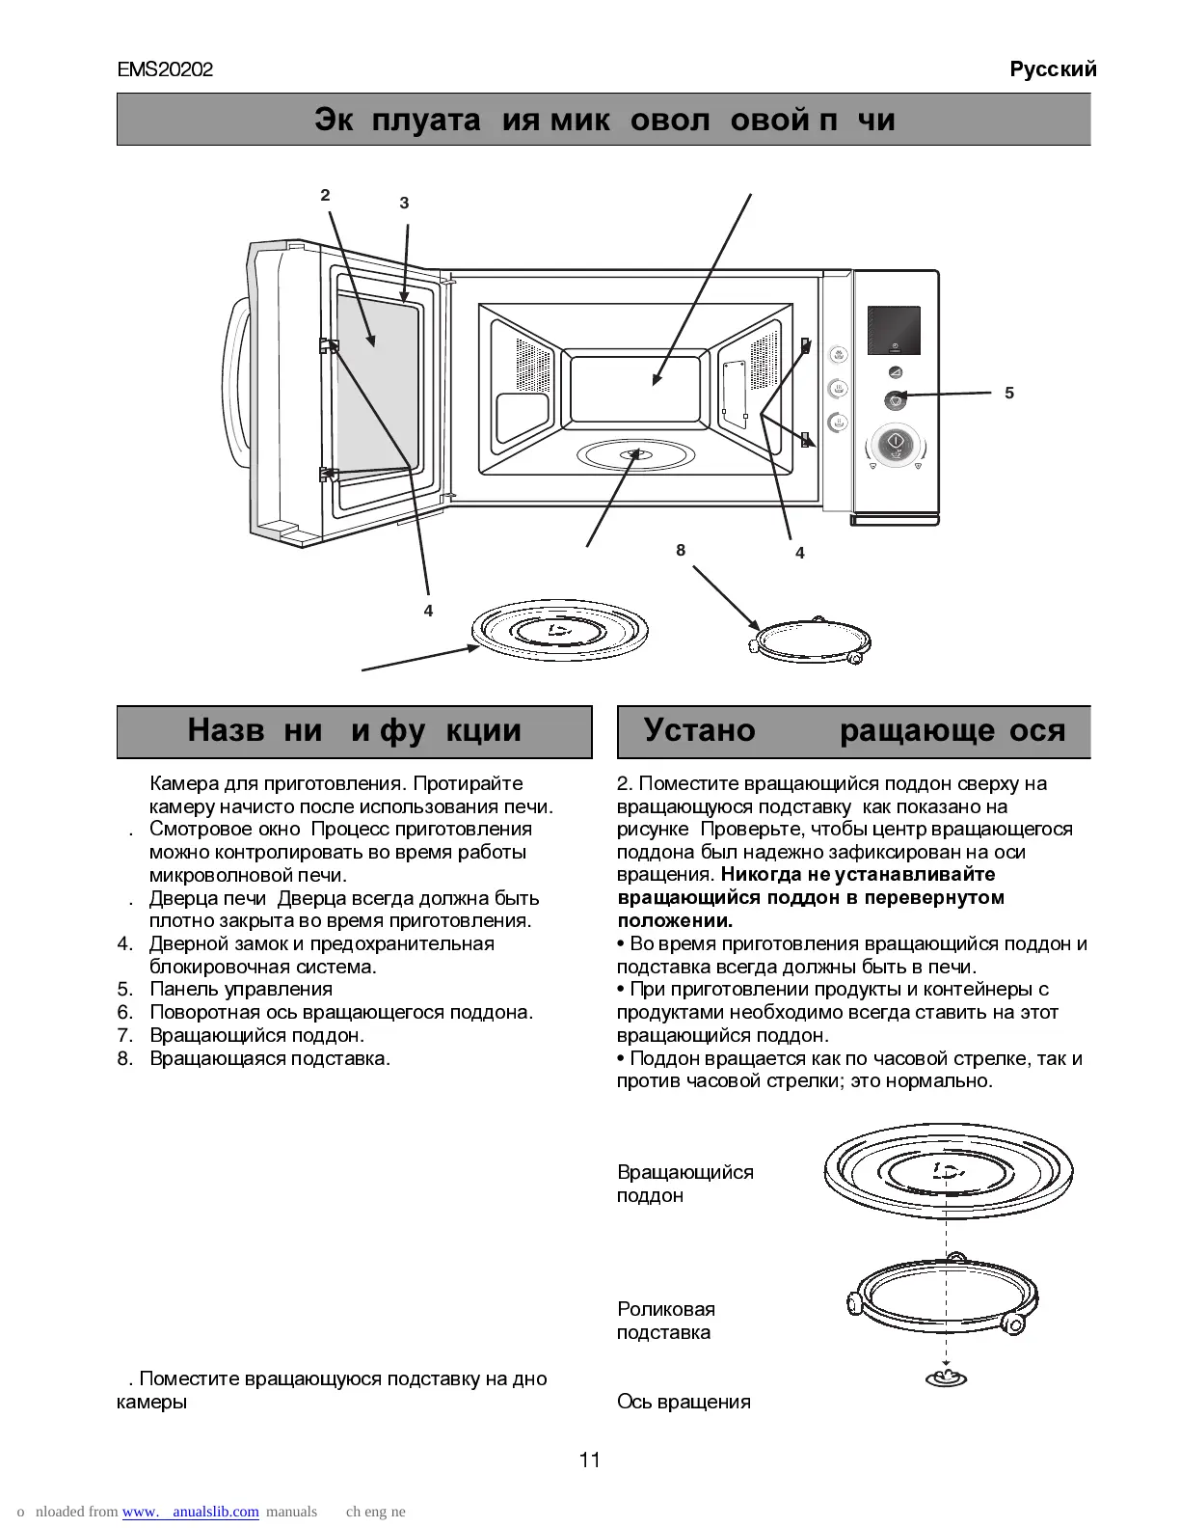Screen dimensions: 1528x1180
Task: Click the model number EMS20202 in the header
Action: [x=165, y=70]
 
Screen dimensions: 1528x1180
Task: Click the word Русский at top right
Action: [x=1053, y=69]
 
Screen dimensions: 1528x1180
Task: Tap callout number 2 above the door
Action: [x=326, y=195]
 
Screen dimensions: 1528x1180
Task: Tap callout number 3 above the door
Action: [x=404, y=203]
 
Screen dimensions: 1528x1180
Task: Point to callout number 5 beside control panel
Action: [x=1009, y=393]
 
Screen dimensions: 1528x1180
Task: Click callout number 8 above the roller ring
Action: [x=681, y=550]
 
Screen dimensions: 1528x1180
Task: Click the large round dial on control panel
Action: [x=895, y=446]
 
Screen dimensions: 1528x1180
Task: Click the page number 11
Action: [x=590, y=1460]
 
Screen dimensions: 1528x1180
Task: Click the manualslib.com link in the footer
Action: [x=191, y=1512]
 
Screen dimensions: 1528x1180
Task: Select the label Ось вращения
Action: [x=684, y=1402]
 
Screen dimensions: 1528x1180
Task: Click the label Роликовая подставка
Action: [x=665, y=1321]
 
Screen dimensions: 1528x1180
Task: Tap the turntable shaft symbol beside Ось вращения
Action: [x=947, y=1377]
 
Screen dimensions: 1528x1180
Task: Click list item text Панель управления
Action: [x=241, y=989]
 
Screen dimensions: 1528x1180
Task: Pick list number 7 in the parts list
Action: [x=123, y=1035]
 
